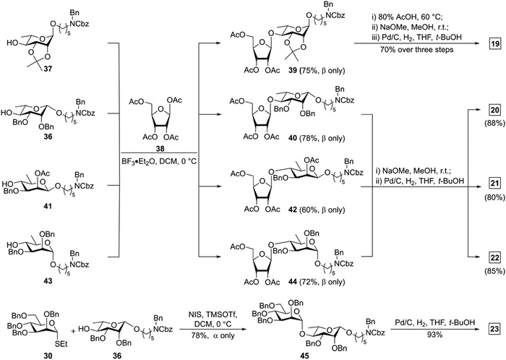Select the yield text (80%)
492,202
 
